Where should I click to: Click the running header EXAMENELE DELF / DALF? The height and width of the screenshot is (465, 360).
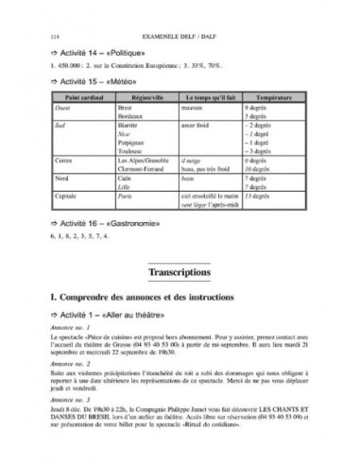(179, 35)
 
